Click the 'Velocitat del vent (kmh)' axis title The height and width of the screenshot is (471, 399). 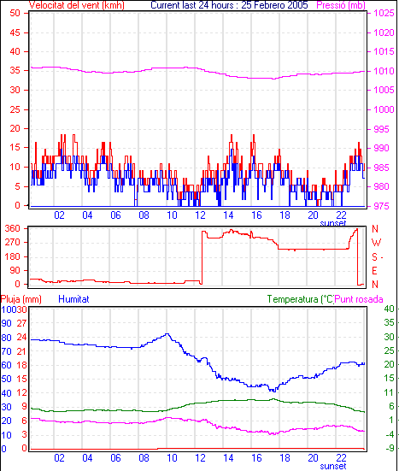coord(76,5)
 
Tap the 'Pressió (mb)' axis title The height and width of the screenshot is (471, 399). coord(341,5)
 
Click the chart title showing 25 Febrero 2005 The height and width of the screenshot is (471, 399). coord(229,5)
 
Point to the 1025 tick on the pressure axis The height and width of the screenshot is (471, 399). coord(384,13)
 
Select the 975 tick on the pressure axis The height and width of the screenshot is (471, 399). coord(381,206)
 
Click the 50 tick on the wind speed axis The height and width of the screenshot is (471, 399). coord(15,13)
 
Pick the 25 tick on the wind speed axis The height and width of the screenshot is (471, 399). coord(15,109)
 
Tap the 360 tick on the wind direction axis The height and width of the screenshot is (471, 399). coord(12,228)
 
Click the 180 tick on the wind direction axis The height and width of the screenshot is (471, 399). coord(12,256)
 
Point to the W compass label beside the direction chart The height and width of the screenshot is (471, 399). coord(376,243)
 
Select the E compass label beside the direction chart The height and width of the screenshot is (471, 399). coord(374,271)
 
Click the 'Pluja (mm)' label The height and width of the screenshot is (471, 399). coord(21,299)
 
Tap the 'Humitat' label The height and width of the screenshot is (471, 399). coord(73,299)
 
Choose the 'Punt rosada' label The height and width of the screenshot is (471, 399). coord(359,299)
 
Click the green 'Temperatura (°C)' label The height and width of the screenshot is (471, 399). coord(301,299)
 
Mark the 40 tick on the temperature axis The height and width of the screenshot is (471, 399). coord(389,309)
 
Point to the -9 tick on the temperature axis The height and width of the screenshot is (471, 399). coord(390,448)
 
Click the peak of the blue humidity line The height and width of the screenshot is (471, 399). coord(167,333)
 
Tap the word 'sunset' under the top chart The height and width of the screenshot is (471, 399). coord(333,223)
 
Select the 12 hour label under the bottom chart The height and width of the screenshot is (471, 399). coord(200,458)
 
